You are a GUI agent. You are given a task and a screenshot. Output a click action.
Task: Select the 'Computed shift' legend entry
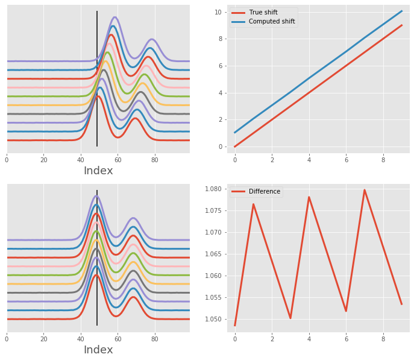[263, 22]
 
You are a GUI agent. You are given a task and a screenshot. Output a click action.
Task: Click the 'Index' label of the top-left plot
[98, 171]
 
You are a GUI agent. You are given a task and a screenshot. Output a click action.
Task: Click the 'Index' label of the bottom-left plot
[98, 350]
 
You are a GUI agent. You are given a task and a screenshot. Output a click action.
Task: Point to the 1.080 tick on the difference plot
[215, 189]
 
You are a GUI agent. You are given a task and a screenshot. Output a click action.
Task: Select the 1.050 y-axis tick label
[215, 320]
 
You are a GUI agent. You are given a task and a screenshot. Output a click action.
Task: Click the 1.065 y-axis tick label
[215, 254]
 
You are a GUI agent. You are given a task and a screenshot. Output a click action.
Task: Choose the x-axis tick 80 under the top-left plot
[155, 160]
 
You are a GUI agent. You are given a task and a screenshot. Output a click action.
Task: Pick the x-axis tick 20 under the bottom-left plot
[43, 339]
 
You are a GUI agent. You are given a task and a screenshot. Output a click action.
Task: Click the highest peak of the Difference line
[365, 190]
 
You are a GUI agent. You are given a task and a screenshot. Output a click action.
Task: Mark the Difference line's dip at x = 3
[290, 318]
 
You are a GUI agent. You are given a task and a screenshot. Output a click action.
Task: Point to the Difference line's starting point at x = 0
[235, 326]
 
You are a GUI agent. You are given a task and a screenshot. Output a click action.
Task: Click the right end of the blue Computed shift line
[402, 11]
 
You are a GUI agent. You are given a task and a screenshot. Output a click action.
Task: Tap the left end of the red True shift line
[235, 147]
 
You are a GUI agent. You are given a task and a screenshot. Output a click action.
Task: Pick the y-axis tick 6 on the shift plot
[221, 66]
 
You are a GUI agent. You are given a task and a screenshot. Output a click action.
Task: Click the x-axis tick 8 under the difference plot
[383, 339]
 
